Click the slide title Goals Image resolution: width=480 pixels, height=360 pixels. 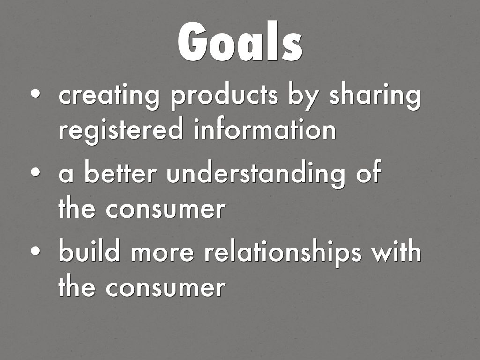tap(240, 41)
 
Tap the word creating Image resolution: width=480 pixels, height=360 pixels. tap(109, 96)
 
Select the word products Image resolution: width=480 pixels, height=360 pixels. tap(225, 96)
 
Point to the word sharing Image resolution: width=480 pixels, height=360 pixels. tap(375, 96)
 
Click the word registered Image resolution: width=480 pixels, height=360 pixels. tap(121, 130)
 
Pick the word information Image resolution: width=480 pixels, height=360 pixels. tap(265, 128)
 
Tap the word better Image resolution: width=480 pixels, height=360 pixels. tap(120, 172)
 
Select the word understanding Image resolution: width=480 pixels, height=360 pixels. tap(255, 174)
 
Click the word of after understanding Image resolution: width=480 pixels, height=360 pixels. tap(368, 172)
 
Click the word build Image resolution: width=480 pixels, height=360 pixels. tap(89, 250)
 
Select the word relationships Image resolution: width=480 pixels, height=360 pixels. tap(283, 253)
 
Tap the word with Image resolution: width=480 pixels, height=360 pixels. tap(397, 250)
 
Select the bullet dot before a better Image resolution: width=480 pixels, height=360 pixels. tap(36, 172)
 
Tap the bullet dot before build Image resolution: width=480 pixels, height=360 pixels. tap(36, 250)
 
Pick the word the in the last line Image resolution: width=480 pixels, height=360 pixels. tap(76, 286)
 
